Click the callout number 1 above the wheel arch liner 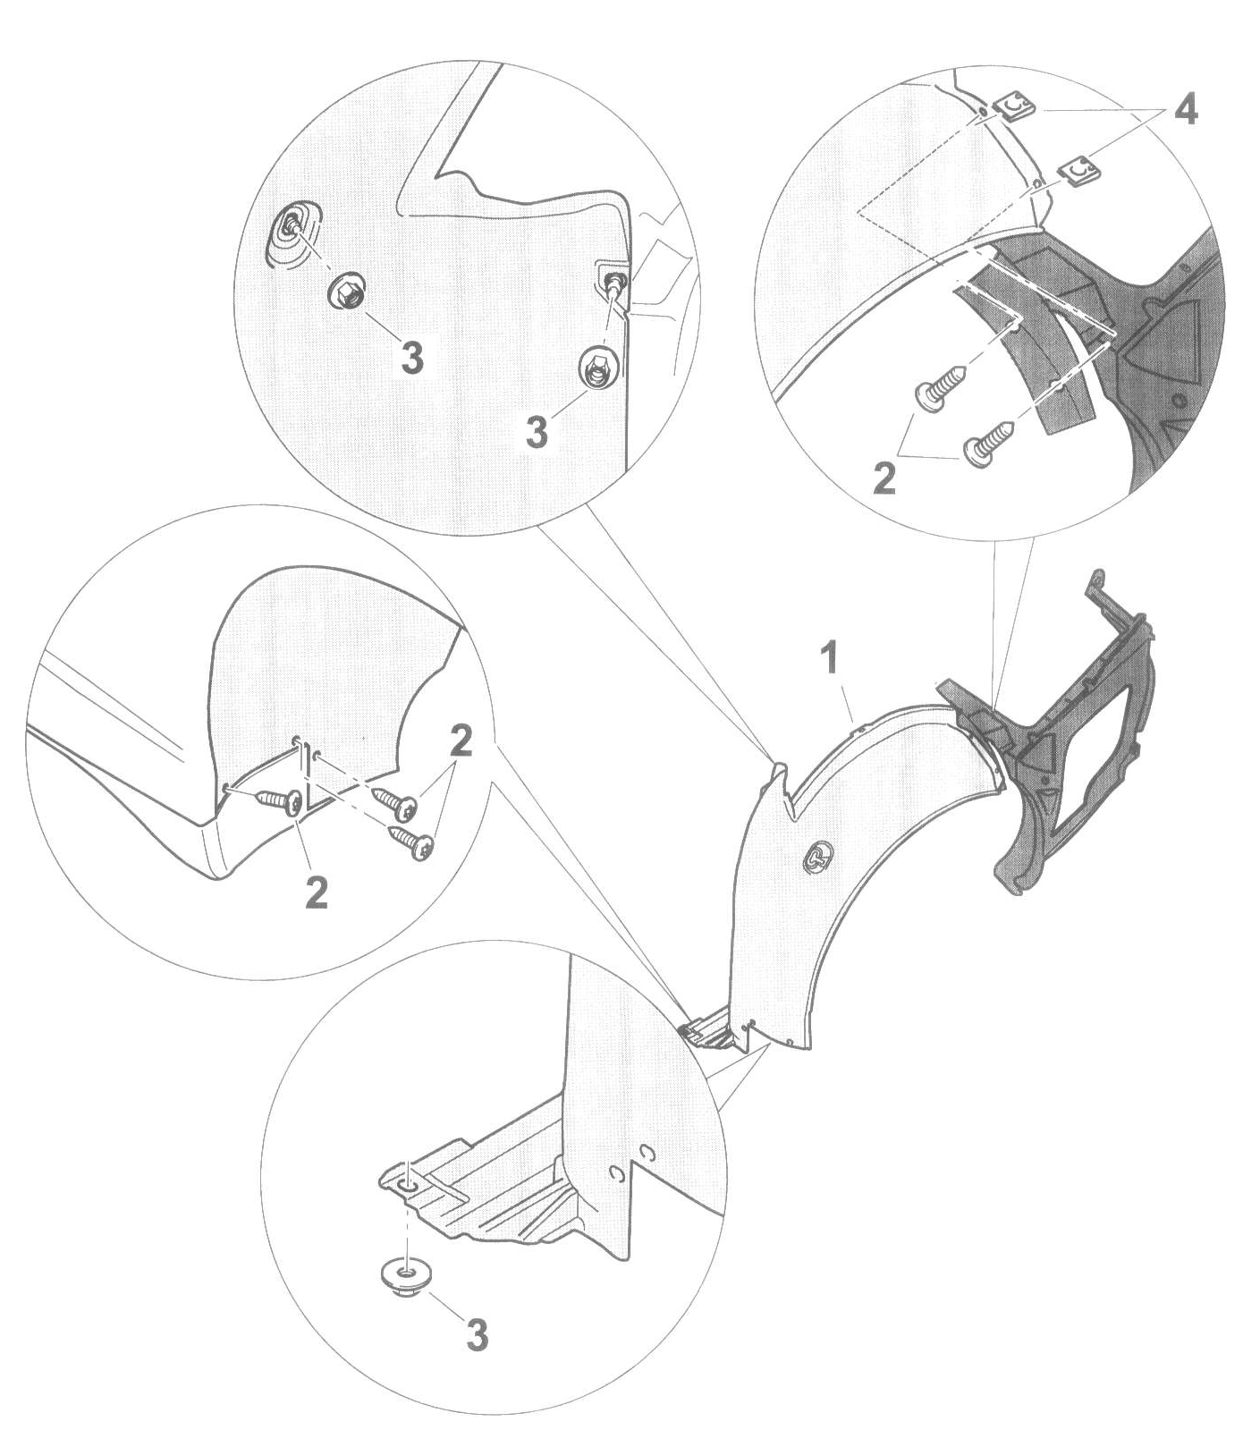pos(831,658)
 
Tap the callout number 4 pos(1185,111)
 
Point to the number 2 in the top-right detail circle pos(884,478)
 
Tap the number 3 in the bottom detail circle pos(478,1335)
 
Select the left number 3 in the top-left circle pos(412,359)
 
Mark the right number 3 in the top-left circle pos(537,434)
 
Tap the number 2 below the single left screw pos(317,893)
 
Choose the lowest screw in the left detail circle pos(412,842)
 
